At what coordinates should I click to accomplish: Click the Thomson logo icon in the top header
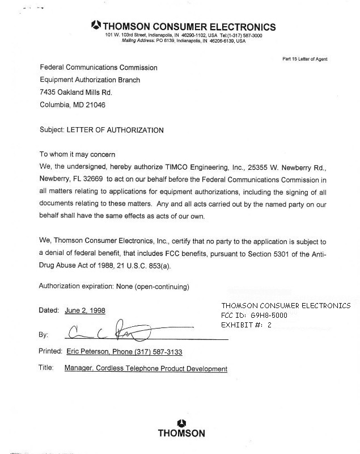click(x=96, y=25)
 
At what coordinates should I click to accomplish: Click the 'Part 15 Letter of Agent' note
click(x=304, y=59)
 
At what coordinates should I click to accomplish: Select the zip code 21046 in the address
click(x=95, y=105)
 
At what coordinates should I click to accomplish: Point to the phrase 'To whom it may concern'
click(x=77, y=154)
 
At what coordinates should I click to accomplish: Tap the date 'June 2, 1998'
click(x=85, y=311)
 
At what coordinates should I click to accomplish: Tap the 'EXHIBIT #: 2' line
click(x=247, y=325)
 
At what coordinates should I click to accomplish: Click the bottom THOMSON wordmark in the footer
click(x=181, y=434)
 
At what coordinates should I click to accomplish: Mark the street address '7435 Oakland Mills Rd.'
click(x=76, y=92)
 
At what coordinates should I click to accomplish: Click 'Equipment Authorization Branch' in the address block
click(x=90, y=80)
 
